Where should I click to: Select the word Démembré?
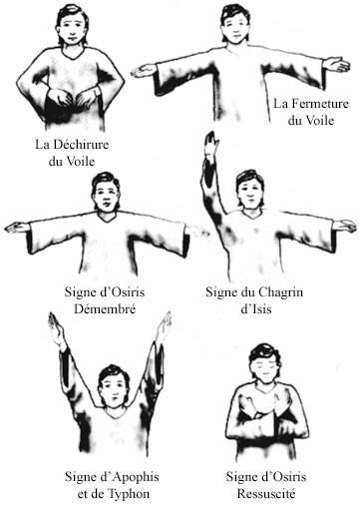pyautogui.click(x=105, y=309)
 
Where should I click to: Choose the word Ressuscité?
pyautogui.click(x=266, y=494)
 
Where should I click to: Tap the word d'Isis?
pyautogui.click(x=255, y=309)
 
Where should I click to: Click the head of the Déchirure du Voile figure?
pyautogui.click(x=73, y=25)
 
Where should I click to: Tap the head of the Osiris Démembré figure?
pyautogui.click(x=106, y=192)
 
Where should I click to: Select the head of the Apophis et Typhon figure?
pyautogui.click(x=114, y=386)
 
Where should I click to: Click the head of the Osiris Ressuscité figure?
pyautogui.click(x=265, y=363)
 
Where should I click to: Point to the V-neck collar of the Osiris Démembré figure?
pyautogui.click(x=107, y=218)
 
